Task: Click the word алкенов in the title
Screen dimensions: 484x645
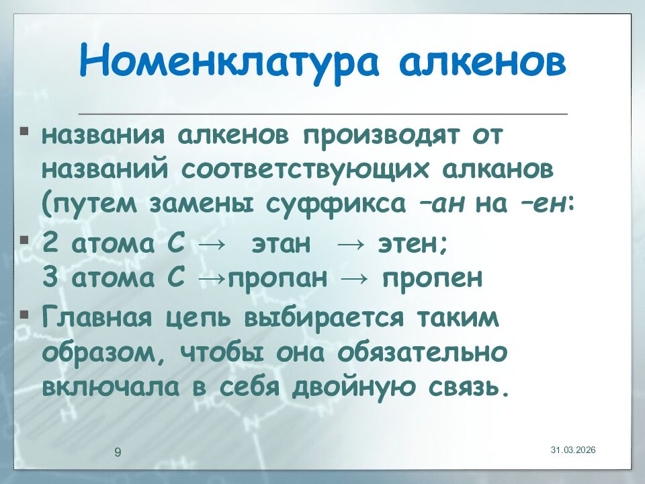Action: coord(482,61)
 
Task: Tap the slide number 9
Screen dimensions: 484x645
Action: coord(118,452)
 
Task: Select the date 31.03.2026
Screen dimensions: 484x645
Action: coord(574,449)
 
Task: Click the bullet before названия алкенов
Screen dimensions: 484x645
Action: coord(24,128)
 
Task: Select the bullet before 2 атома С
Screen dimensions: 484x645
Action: coord(24,239)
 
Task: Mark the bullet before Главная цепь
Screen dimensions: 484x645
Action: coord(24,313)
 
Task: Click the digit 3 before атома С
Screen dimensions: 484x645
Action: coord(50,278)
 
